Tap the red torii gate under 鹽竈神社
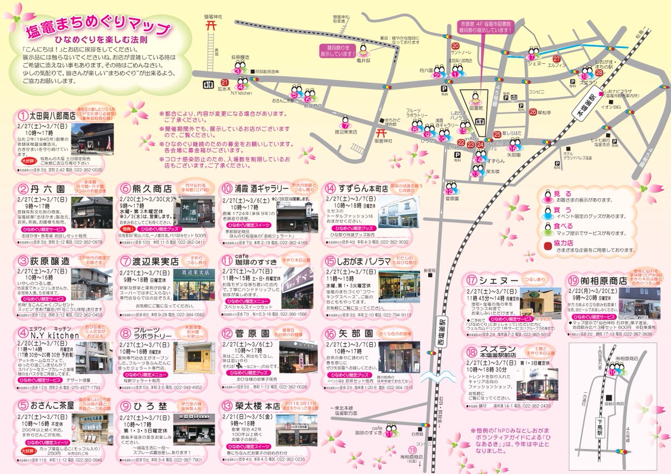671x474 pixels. tap(210, 25)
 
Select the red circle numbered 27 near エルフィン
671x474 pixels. tap(556, 59)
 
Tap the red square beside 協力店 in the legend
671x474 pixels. tap(546, 244)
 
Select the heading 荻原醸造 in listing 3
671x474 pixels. tap(50, 261)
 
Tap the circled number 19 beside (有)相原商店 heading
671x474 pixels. tap(572, 281)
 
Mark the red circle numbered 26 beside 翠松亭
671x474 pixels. tap(532, 111)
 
